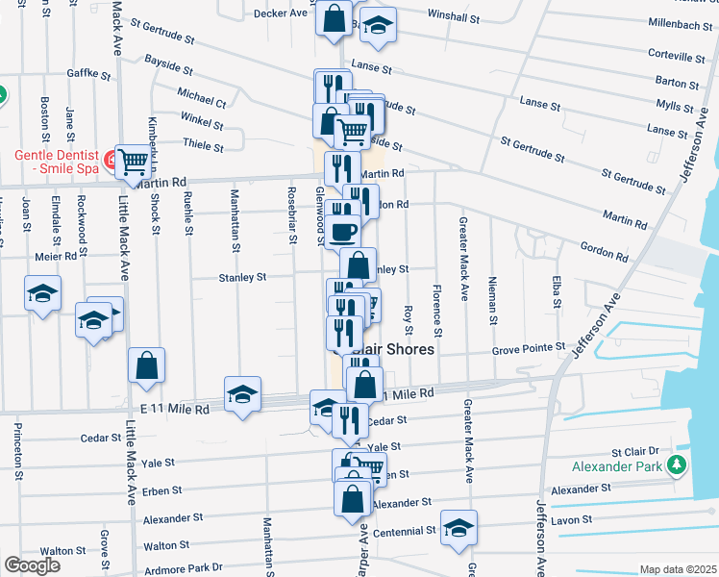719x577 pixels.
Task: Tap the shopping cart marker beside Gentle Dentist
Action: coord(132,162)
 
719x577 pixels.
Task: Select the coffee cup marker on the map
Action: coord(342,231)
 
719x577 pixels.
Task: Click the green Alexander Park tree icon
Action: coord(678,465)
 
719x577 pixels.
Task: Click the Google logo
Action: coord(32,565)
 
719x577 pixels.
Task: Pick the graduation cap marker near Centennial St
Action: coord(459,527)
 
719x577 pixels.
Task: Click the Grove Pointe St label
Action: coord(527,352)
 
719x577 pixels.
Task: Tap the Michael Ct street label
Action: coord(201,98)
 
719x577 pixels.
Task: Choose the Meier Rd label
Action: coord(55,257)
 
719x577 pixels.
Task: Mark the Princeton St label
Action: coord(18,448)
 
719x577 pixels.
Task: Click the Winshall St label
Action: coord(454,17)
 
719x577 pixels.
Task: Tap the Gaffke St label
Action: coord(89,73)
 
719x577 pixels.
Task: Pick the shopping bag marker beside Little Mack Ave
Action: coord(146,365)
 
